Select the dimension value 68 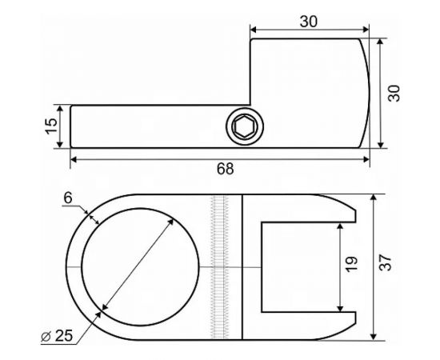pyautogui.click(x=226, y=169)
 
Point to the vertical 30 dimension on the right pyautogui.click(x=393, y=92)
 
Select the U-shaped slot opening pyautogui.click(x=300, y=266)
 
